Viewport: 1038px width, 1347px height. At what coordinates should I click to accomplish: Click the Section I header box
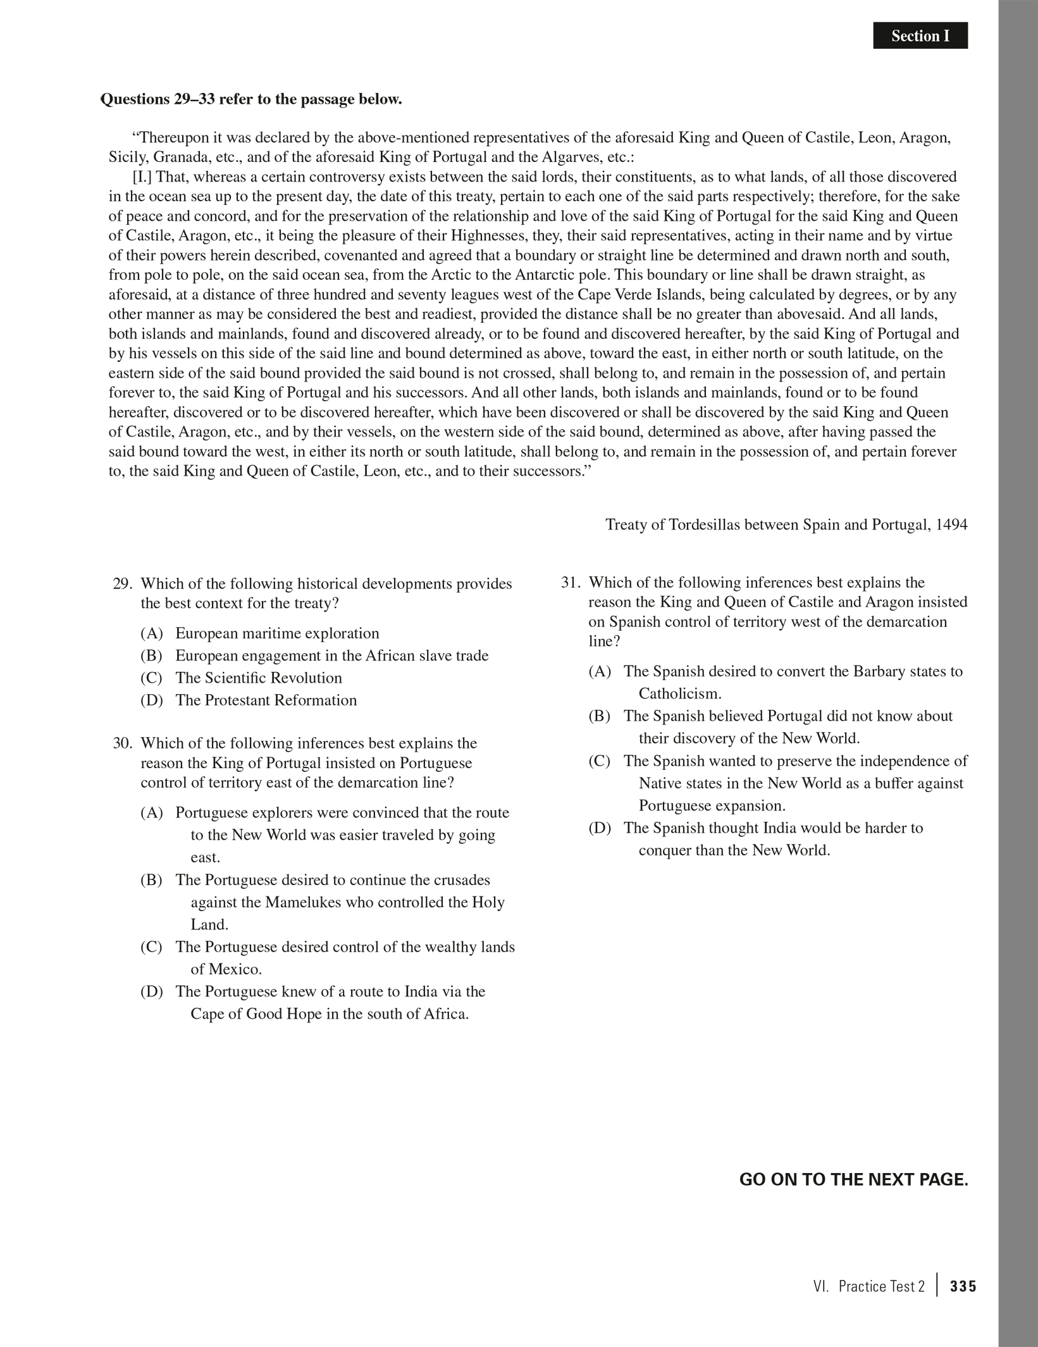pyautogui.click(x=920, y=36)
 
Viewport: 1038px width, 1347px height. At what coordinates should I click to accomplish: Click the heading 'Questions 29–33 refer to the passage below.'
pyautogui.click(x=251, y=99)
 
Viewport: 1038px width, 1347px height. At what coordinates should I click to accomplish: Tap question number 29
pyautogui.click(x=121, y=583)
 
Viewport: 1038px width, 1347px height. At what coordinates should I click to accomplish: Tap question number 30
pyautogui.click(x=121, y=743)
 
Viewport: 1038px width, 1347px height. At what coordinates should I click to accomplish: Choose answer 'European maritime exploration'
pyautogui.click(x=277, y=633)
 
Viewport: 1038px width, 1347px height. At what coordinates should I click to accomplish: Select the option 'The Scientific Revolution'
pyautogui.click(x=259, y=678)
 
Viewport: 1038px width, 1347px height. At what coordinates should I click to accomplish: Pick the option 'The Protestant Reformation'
pyautogui.click(x=266, y=700)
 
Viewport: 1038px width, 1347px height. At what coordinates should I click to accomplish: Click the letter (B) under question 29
pyautogui.click(x=151, y=655)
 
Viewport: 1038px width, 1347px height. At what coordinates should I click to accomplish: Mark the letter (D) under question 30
pyautogui.click(x=151, y=991)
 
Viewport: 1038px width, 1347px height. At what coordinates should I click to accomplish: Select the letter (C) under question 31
pyautogui.click(x=599, y=760)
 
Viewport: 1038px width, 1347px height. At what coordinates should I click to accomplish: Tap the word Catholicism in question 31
pyautogui.click(x=680, y=693)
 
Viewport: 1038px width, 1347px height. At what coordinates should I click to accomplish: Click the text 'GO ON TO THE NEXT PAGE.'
pyautogui.click(x=853, y=1180)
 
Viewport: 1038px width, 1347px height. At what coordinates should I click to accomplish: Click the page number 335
pyautogui.click(x=963, y=1286)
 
